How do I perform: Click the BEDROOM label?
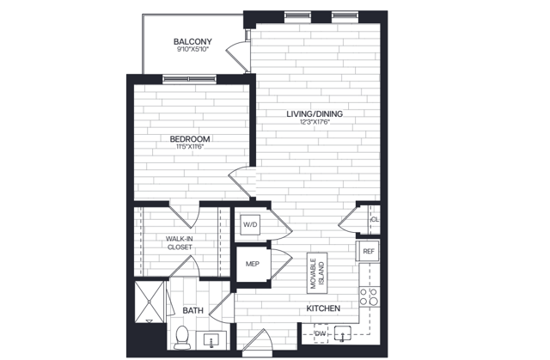pyautogui.click(x=191, y=138)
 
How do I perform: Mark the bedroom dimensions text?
pyautogui.click(x=191, y=147)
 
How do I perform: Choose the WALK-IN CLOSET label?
pyautogui.click(x=180, y=242)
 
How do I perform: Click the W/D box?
pyautogui.click(x=250, y=224)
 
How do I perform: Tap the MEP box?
pyautogui.click(x=253, y=264)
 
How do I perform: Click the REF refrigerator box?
pyautogui.click(x=369, y=251)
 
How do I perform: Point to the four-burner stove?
pyautogui.click(x=369, y=296)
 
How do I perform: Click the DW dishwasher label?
pyautogui.click(x=320, y=333)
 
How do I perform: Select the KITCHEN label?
pyautogui.click(x=323, y=308)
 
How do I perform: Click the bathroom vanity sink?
pyautogui.click(x=212, y=340)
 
